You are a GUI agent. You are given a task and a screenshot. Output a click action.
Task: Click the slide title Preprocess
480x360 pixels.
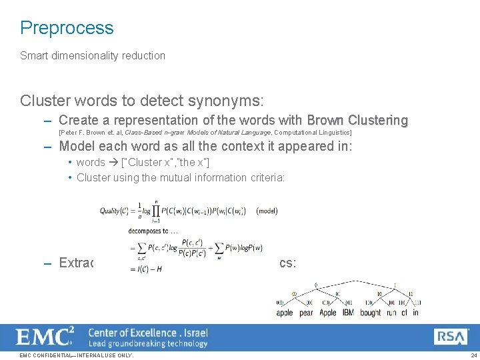67,28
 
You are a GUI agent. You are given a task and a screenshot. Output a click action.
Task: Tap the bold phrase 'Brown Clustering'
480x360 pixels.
357,121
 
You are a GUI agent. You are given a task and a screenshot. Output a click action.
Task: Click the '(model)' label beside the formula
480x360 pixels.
267,211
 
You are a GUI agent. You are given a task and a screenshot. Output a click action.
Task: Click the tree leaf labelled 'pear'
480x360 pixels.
306,312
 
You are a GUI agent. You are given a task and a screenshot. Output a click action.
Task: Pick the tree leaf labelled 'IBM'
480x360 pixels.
348,312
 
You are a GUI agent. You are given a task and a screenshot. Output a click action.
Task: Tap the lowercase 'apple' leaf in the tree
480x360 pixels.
285,312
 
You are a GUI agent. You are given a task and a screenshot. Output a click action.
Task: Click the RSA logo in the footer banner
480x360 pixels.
451,337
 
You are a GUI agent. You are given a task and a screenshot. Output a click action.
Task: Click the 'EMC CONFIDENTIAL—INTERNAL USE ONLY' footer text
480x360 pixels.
77,355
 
